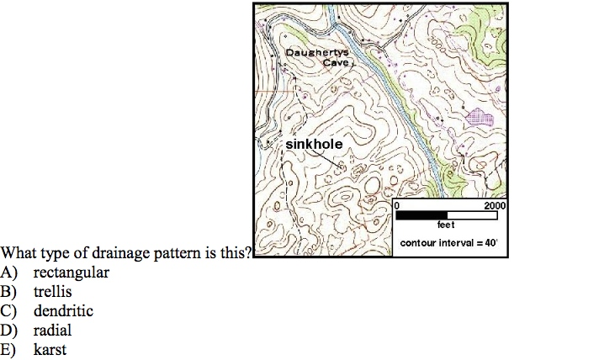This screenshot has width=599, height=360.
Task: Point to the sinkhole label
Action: click(314, 145)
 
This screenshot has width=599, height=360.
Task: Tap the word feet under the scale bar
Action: click(447, 225)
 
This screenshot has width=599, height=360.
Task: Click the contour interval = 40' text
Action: click(449, 243)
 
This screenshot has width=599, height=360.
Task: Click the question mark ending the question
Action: click(249, 253)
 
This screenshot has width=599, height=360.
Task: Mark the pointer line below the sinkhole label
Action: click(331, 160)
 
